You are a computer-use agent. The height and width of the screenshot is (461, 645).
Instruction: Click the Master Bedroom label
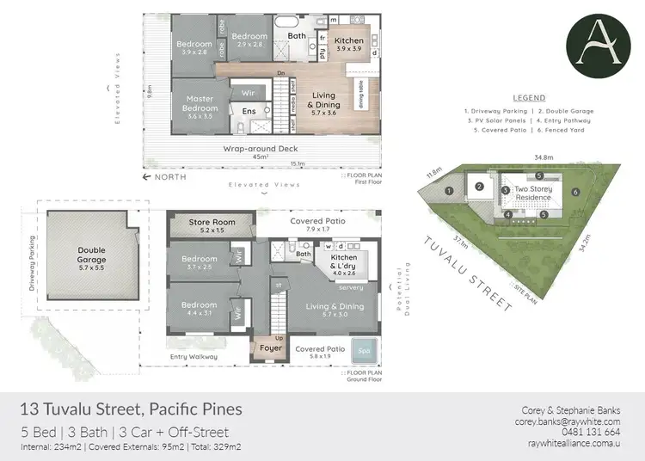200,104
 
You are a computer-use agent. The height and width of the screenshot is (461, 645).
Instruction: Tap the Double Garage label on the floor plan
91,255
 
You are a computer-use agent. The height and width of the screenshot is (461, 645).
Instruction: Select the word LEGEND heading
528,98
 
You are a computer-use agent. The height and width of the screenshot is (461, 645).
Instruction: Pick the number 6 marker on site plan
575,192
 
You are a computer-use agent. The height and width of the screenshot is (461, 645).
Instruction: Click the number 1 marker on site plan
449,191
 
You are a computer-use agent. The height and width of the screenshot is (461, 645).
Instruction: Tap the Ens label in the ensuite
249,112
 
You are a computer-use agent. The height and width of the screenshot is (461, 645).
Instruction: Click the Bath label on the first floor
297,36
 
